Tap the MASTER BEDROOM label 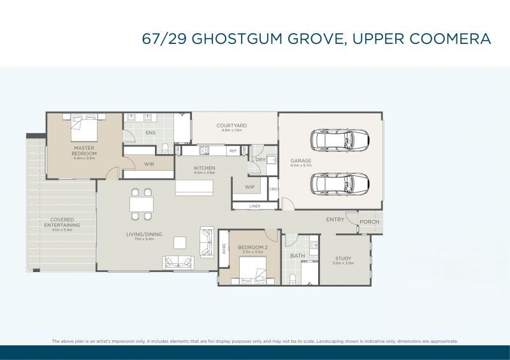pos(84,151)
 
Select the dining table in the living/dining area pos(142,204)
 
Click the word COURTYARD pos(231,126)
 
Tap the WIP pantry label pos(249,187)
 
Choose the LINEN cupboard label pos(255,206)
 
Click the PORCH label pos(369,222)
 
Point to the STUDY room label pos(343,258)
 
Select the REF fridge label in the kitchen pos(233,151)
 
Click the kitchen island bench pos(194,187)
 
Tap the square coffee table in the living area pos(180,242)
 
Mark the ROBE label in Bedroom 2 pos(224,248)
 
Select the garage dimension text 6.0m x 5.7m pos(301,165)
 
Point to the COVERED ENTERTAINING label pos(62,222)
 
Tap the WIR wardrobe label pos(149,164)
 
